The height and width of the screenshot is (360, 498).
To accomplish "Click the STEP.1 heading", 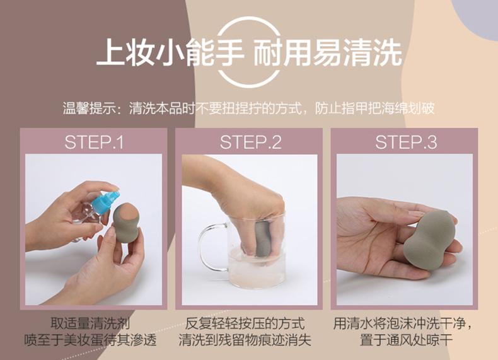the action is point(94,142).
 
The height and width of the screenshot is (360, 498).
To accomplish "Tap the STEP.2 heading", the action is point(251,142).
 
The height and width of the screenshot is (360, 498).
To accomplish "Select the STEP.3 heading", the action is point(406,142).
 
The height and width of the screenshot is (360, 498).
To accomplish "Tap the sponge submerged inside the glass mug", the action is point(263,240).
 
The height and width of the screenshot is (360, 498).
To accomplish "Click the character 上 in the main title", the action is point(110,52).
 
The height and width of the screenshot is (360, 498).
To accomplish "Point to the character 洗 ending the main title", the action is point(388,52).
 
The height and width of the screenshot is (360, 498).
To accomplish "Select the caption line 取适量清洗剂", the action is point(91,323).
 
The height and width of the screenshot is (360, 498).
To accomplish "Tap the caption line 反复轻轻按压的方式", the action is point(245,323).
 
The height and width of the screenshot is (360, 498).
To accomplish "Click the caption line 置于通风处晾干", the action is point(406,340).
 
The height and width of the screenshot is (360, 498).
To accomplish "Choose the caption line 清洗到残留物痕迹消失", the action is point(245,340).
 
